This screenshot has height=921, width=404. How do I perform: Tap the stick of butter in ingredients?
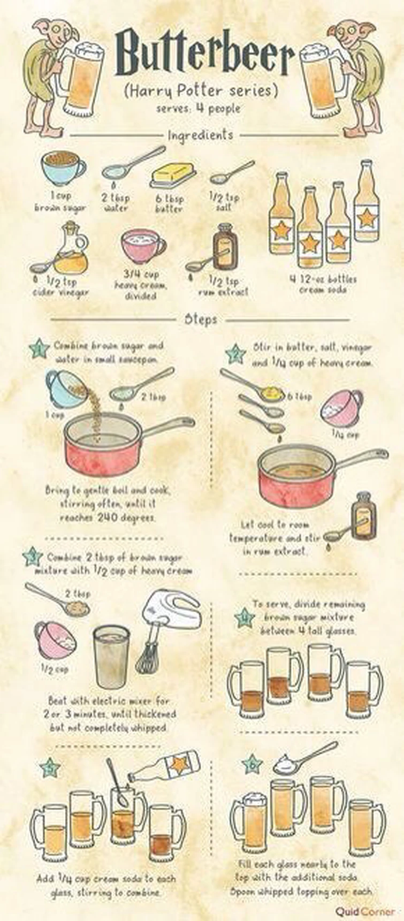(172, 175)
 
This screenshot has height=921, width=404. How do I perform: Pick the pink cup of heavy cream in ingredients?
(142, 246)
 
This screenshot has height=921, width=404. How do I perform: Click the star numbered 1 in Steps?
(40, 349)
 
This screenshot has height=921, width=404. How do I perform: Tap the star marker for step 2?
(235, 354)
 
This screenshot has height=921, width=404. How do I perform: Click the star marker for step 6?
(252, 765)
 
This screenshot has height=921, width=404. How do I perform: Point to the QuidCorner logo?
(365, 911)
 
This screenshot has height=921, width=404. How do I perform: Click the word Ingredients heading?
(201, 135)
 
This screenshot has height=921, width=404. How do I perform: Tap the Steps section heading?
(201, 319)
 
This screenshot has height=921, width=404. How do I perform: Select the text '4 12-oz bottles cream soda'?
(323, 284)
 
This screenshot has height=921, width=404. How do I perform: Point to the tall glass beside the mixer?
(111, 656)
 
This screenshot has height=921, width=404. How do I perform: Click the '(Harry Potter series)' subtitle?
(201, 90)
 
